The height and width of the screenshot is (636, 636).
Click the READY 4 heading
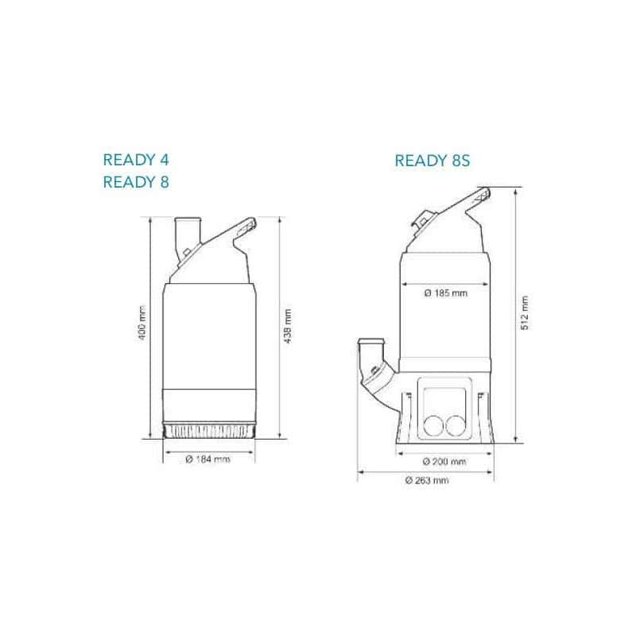click(136, 160)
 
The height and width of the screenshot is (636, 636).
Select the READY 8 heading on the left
click(136, 182)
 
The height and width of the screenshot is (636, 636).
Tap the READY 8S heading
click(433, 161)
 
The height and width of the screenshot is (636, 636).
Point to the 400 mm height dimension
click(143, 327)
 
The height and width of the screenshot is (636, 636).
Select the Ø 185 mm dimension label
click(446, 293)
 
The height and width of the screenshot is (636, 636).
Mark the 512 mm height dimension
click(524, 313)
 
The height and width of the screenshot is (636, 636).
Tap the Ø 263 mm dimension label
click(427, 481)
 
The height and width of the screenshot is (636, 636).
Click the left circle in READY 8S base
click(435, 425)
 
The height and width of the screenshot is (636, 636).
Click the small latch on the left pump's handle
click(185, 255)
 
